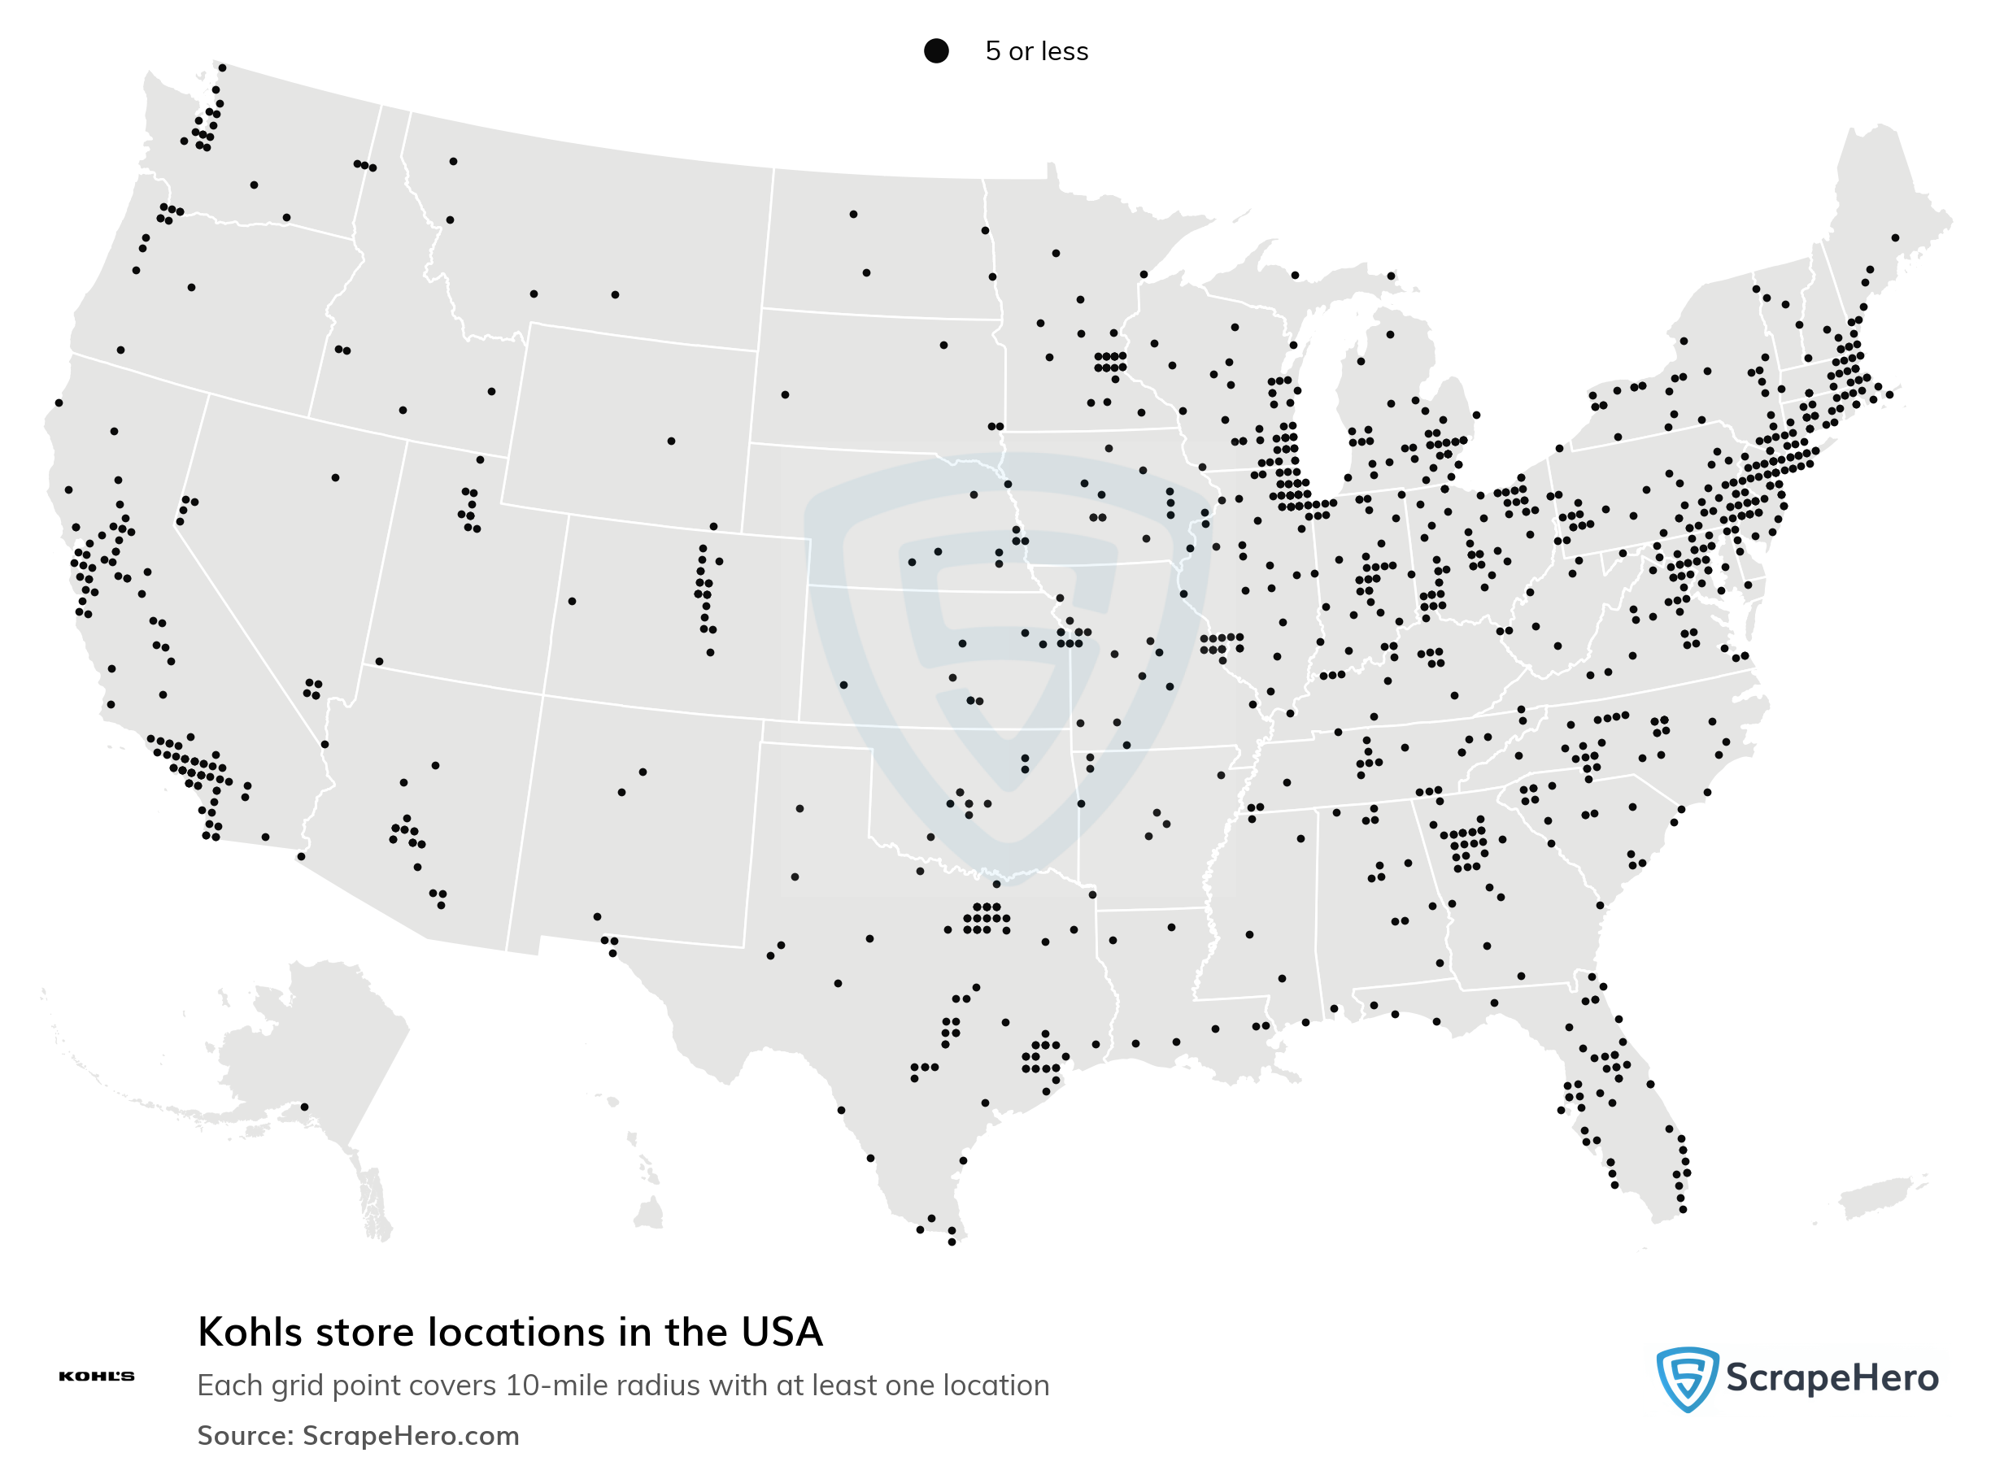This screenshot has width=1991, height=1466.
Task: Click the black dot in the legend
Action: tap(935, 50)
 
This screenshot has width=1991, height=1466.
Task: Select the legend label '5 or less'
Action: tap(1036, 51)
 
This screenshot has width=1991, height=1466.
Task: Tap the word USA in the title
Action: tap(781, 1332)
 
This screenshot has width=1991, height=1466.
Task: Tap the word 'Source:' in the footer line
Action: tap(245, 1435)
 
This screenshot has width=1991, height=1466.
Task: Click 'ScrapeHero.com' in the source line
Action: tap(410, 1435)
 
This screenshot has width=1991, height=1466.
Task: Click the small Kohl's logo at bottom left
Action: tap(96, 1377)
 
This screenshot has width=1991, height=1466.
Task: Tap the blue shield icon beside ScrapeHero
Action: tap(1686, 1378)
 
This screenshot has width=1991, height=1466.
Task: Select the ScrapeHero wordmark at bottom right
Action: tap(1832, 1378)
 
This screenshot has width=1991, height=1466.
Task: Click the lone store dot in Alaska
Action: tap(304, 1107)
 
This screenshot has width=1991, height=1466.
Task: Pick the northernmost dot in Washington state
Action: tap(222, 67)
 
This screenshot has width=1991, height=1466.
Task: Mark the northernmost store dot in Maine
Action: tap(1895, 237)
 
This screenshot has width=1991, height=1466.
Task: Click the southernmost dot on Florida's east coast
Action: tap(1682, 1210)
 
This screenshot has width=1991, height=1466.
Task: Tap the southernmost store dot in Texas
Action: tap(952, 1242)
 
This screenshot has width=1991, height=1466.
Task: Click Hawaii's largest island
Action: tap(649, 1212)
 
